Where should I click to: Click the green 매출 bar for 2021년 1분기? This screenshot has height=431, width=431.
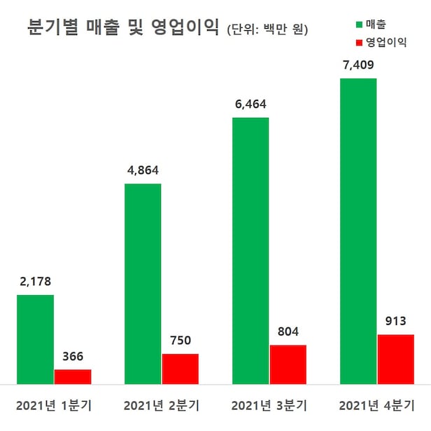click(35, 339)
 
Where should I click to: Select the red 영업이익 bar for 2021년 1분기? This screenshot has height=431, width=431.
click(73, 376)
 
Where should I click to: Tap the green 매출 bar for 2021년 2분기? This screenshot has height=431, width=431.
click(143, 284)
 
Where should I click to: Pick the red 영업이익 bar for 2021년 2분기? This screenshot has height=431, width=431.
click(181, 369)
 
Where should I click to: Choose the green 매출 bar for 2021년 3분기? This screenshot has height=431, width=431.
click(250, 251)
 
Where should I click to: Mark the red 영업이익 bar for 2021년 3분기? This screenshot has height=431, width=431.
click(288, 364)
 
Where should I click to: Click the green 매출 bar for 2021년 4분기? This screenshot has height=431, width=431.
click(358, 231)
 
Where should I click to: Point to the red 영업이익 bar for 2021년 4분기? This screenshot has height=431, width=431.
click(396, 359)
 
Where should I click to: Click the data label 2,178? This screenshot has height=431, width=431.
click(35, 282)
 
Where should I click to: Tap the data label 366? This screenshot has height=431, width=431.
click(73, 357)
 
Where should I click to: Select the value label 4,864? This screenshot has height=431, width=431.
click(143, 170)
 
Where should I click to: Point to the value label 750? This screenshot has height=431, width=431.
click(181, 341)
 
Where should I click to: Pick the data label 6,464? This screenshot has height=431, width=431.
click(250, 104)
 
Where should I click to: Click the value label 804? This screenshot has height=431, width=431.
click(288, 332)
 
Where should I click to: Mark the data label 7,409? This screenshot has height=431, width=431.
click(358, 65)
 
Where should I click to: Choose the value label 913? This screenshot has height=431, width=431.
click(396, 322)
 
